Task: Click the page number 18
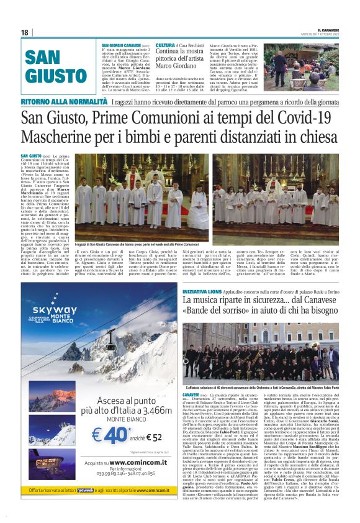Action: coord(24,32)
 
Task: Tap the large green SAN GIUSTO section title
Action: coord(47,67)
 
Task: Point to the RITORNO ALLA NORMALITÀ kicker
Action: coord(64,101)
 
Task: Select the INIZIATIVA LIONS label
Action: coord(202,291)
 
